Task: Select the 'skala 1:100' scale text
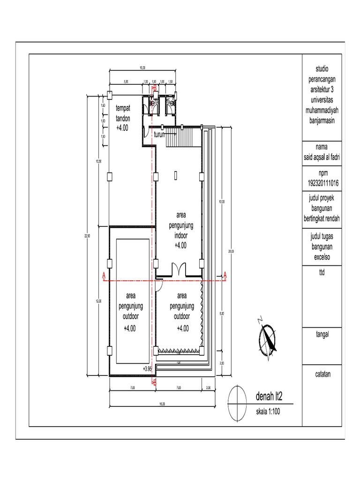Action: [268, 412]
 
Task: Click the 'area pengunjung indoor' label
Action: [180, 230]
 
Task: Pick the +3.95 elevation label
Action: [147, 369]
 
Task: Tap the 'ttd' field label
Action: [308, 270]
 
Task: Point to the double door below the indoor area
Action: [179, 270]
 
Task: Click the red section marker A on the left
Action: [104, 275]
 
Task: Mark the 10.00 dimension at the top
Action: [142, 69]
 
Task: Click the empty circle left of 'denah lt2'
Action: [237, 404]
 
